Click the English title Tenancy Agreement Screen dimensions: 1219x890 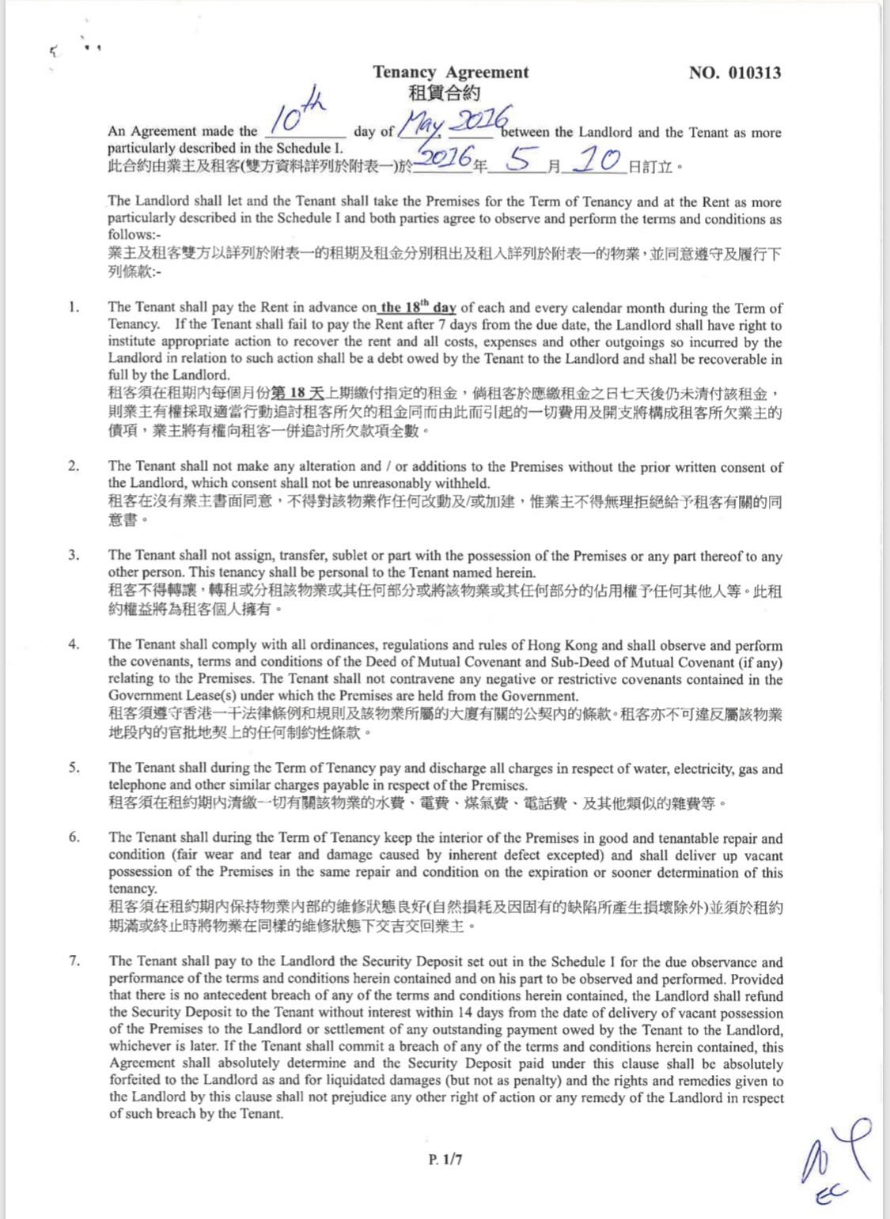451,72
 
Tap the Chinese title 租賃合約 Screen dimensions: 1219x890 444,93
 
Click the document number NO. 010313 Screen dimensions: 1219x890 735,73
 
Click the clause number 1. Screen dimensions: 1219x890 73,308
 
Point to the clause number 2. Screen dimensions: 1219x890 73,466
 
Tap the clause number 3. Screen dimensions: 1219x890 73,555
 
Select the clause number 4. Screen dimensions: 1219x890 73,644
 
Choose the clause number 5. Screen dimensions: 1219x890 73,768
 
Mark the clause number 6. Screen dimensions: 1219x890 73,837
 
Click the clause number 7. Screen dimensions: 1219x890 74,961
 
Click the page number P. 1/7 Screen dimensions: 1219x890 445,1160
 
